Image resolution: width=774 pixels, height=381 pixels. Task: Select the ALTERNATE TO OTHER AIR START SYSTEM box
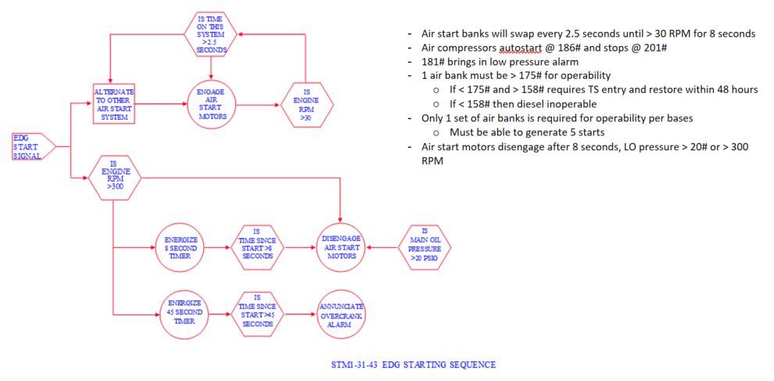(x=113, y=102)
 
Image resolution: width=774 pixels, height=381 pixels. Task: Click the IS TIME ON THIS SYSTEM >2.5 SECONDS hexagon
(x=211, y=33)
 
